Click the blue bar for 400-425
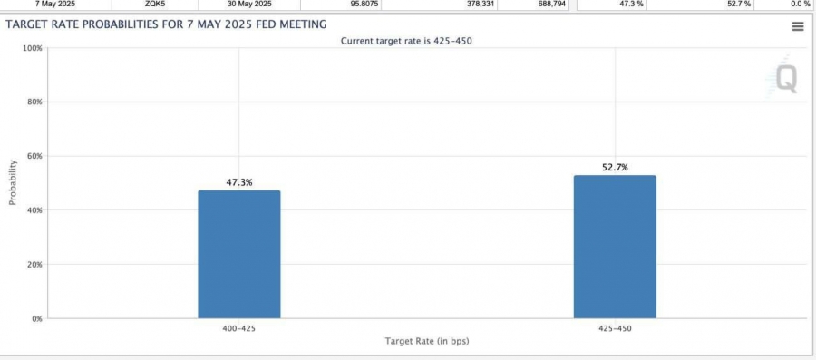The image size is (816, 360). [238, 255]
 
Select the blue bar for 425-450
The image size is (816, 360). [615, 247]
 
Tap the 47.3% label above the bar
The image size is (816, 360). [239, 182]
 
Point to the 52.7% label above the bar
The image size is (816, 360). [615, 168]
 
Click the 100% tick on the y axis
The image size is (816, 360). [33, 48]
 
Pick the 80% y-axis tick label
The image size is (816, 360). [34, 102]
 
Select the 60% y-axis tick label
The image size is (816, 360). [34, 156]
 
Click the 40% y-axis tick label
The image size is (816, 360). [34, 210]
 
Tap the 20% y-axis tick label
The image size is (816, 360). [34, 264]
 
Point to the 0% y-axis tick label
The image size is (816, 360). [36, 318]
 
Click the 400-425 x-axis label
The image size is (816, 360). [239, 329]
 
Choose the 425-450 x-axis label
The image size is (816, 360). [615, 329]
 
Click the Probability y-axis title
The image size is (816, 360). [13, 182]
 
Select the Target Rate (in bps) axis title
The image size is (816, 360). [427, 341]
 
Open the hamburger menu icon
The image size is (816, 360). [798, 27]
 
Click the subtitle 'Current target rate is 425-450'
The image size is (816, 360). [406, 41]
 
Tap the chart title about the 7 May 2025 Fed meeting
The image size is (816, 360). [167, 24]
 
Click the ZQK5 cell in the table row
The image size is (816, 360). [155, 4]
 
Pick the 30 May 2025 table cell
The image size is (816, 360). [249, 4]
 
